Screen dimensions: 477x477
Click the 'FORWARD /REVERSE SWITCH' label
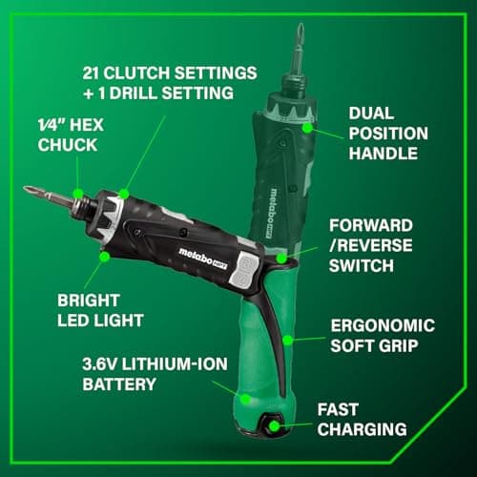(x=381, y=246)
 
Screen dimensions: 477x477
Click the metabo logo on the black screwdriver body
(x=200, y=252)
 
